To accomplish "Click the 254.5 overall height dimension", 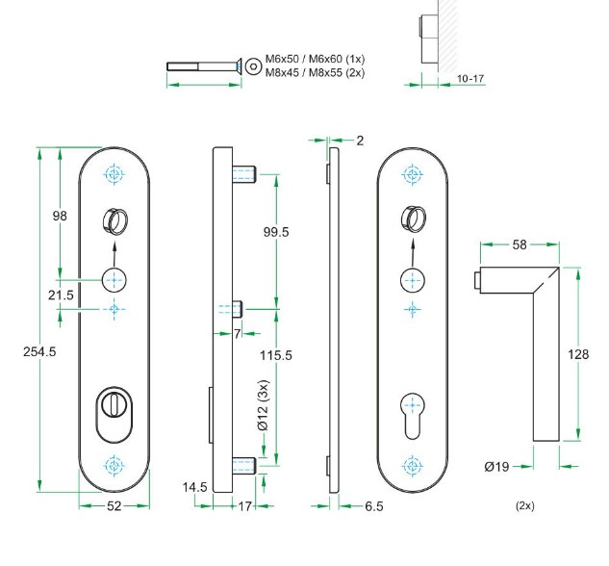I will (x=39, y=351).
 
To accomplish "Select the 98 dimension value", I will (x=60, y=217).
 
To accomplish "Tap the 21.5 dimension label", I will (x=61, y=295).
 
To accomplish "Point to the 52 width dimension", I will (x=115, y=506).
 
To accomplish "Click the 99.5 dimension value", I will (x=276, y=232).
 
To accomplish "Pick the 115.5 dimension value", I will (x=276, y=355).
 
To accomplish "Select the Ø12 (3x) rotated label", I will (x=262, y=406).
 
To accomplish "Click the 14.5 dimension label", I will (x=195, y=488).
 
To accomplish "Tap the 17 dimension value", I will (x=243, y=506).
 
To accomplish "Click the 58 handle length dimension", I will (x=520, y=245).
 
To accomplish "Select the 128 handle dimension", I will (x=578, y=355).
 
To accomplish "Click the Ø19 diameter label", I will (x=496, y=467).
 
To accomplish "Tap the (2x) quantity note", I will (x=524, y=505).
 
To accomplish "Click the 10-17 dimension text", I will (x=470, y=78).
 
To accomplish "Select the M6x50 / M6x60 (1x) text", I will (x=315, y=59).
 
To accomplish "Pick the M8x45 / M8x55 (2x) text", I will (x=315, y=71).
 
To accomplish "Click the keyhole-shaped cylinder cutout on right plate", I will (x=412, y=412).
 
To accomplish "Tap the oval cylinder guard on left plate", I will (x=114, y=412).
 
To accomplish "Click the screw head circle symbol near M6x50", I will (x=253, y=65).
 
